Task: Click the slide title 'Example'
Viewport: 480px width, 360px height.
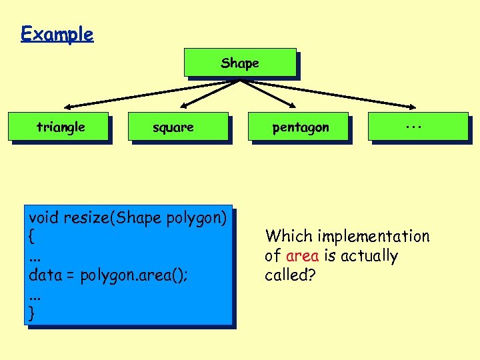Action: click(x=57, y=33)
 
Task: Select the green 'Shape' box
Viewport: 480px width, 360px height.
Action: click(x=240, y=63)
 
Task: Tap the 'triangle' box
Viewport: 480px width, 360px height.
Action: click(x=60, y=127)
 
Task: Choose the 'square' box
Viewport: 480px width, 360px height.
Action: click(x=173, y=127)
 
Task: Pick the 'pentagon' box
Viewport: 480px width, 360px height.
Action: click(x=300, y=127)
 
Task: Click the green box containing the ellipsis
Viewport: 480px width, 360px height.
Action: click(x=418, y=126)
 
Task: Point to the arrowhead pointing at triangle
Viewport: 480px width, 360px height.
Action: click(x=68, y=107)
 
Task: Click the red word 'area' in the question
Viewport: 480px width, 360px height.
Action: click(x=302, y=256)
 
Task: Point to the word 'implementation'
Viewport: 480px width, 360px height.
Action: click(x=373, y=236)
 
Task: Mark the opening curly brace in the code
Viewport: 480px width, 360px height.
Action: click(x=31, y=237)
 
